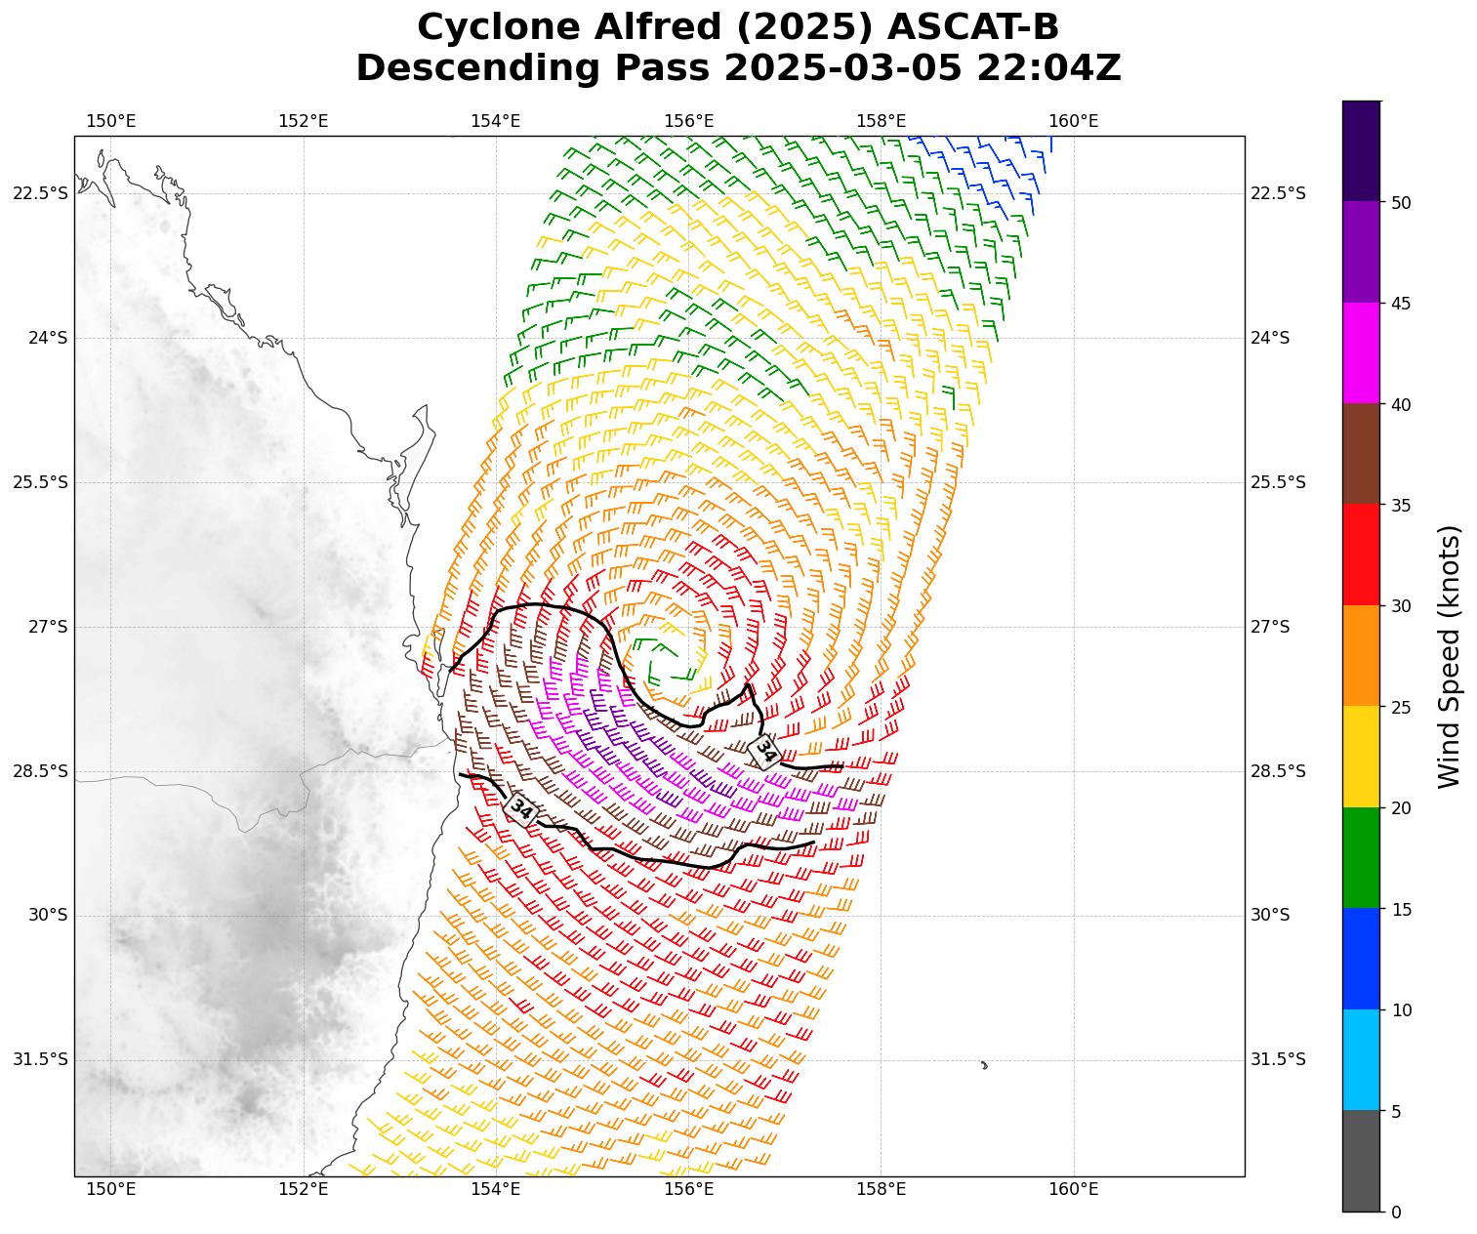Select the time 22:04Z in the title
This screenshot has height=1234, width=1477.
coord(1049,68)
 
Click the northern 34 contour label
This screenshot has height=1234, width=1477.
coord(765,751)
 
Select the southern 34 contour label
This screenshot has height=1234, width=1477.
coord(521,809)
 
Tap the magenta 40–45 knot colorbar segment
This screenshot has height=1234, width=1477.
coord(1361,352)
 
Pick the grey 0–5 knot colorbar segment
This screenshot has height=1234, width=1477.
coord(1361,1161)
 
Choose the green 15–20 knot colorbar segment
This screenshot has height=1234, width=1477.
coord(1361,857)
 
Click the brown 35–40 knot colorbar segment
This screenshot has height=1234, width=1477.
coord(1361,453)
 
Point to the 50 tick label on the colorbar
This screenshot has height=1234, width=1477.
coord(1401,202)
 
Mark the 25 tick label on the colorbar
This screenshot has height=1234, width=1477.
coord(1401,707)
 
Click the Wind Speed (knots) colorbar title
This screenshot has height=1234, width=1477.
coord(1451,656)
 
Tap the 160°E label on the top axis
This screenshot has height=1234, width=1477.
coord(1073,121)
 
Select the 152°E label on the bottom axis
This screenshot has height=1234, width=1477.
coord(303,1188)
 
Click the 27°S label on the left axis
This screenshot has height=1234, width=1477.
coord(48,627)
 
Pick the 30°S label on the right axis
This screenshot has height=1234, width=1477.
coord(1270,915)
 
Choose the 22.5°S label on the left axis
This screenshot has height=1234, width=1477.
coord(40,193)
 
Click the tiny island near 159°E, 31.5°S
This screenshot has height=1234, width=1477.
coord(984,1065)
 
